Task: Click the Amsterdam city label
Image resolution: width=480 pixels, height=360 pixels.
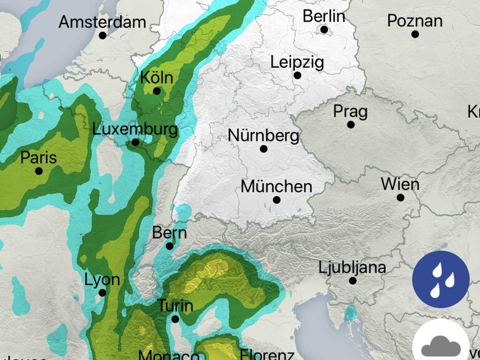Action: [x=102, y=22]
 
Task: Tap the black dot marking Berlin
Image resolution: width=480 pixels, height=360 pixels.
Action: [x=324, y=29]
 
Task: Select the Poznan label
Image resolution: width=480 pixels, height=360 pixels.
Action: [x=415, y=21]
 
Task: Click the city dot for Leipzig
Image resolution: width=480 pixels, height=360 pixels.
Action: [x=297, y=75]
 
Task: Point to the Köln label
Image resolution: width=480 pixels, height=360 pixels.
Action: [x=156, y=78]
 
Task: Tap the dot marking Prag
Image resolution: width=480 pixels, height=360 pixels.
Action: [x=350, y=125]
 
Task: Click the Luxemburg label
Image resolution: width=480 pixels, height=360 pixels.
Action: [x=135, y=130]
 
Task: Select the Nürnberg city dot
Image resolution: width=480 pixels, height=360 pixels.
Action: [x=264, y=149]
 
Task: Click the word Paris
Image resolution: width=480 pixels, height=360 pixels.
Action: [x=39, y=158]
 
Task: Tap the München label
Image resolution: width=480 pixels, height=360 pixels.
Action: [x=276, y=186]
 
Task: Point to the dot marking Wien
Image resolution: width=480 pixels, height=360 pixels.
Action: [x=400, y=197]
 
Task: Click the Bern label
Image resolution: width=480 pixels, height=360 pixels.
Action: [x=170, y=233]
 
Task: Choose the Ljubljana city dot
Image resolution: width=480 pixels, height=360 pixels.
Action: [x=352, y=281]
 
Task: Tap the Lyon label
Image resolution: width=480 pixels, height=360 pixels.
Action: [x=102, y=280]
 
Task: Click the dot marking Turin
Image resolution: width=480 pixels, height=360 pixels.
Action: [x=175, y=319]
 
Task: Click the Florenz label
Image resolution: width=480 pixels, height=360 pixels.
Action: [x=266, y=355]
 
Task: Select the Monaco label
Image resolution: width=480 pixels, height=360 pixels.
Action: [x=169, y=355]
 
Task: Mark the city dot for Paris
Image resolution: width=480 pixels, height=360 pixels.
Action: [x=39, y=171]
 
